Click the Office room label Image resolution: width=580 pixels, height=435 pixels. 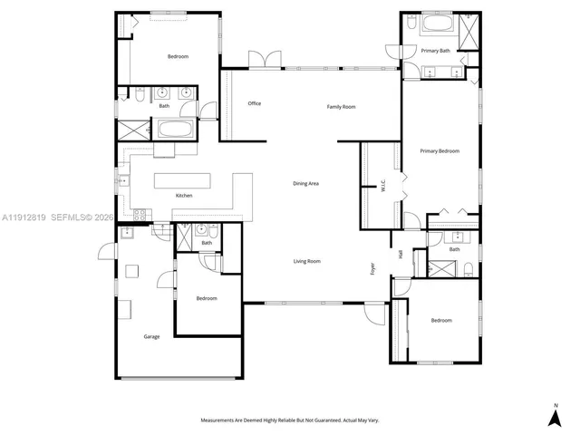click(255, 103)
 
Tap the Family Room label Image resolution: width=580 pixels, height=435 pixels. click(341, 107)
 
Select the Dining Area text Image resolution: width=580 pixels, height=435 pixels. click(305, 184)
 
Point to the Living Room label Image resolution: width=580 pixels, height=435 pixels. click(307, 262)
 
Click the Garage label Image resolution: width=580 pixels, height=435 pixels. click(151, 336)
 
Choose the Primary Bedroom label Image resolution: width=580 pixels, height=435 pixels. click(440, 150)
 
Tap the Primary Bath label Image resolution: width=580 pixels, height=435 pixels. click(435, 51)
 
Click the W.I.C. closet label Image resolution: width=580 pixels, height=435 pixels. click(383, 185)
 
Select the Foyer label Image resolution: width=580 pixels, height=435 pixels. click(372, 268)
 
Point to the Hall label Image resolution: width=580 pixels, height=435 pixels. click(400, 255)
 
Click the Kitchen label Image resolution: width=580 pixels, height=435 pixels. click(184, 196)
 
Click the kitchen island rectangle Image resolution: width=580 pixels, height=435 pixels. click(181, 179)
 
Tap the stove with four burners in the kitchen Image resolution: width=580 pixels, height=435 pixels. click(140, 215)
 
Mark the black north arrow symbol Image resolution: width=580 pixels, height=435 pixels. click(555, 417)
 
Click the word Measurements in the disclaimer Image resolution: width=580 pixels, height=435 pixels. click(221, 420)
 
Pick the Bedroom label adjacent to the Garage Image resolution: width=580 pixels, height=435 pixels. click(207, 298)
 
